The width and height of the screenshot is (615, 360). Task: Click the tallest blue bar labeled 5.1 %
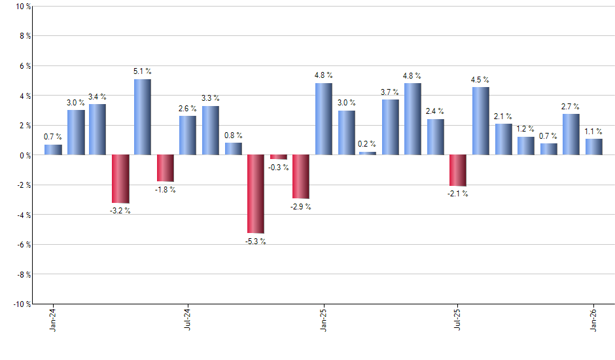143,117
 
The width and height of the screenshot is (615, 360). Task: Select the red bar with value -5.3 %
255,194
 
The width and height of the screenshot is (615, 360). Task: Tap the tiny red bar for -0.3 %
278,157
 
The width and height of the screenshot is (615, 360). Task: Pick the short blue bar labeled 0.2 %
368,153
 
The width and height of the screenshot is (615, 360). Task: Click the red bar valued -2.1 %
458,170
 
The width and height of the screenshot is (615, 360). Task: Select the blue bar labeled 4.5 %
480,121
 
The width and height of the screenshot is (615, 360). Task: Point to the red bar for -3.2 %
120,179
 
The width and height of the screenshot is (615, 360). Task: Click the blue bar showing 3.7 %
391,127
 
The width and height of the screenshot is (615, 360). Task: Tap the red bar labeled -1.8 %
165,168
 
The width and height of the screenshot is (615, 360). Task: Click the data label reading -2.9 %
301,207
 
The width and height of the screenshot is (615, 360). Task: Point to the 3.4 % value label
97,98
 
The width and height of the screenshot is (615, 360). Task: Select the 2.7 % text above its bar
571,107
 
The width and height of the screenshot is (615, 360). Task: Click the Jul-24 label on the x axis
188,320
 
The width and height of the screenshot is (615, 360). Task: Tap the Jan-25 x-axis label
323,320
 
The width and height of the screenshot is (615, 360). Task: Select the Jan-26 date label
593,320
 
